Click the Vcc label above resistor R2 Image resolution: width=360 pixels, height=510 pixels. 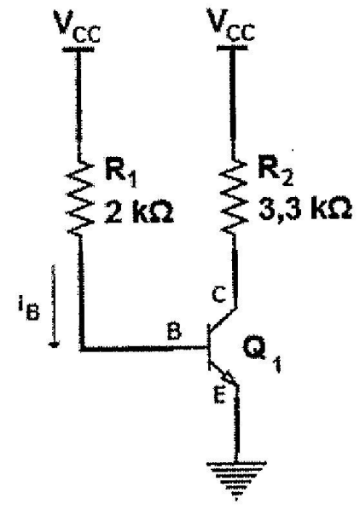coord(231,26)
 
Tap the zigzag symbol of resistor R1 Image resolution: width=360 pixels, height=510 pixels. coord(79,197)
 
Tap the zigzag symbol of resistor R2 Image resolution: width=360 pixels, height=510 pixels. coord(233,197)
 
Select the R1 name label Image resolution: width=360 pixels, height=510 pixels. coord(120,174)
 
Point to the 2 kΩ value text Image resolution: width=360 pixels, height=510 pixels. coord(139,214)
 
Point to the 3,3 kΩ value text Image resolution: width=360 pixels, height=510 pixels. coord(305,210)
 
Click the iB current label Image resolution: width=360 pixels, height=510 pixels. coord(29,311)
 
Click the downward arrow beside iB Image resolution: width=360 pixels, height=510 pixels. coord(54,306)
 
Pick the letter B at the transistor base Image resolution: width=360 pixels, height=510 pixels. coord(174,332)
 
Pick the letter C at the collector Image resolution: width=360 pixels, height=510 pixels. coord(218,295)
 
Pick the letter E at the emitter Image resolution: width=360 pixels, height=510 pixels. coord(220,395)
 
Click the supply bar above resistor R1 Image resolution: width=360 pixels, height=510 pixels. coord(78,49)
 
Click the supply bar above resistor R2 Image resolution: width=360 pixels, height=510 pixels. coord(232,48)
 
